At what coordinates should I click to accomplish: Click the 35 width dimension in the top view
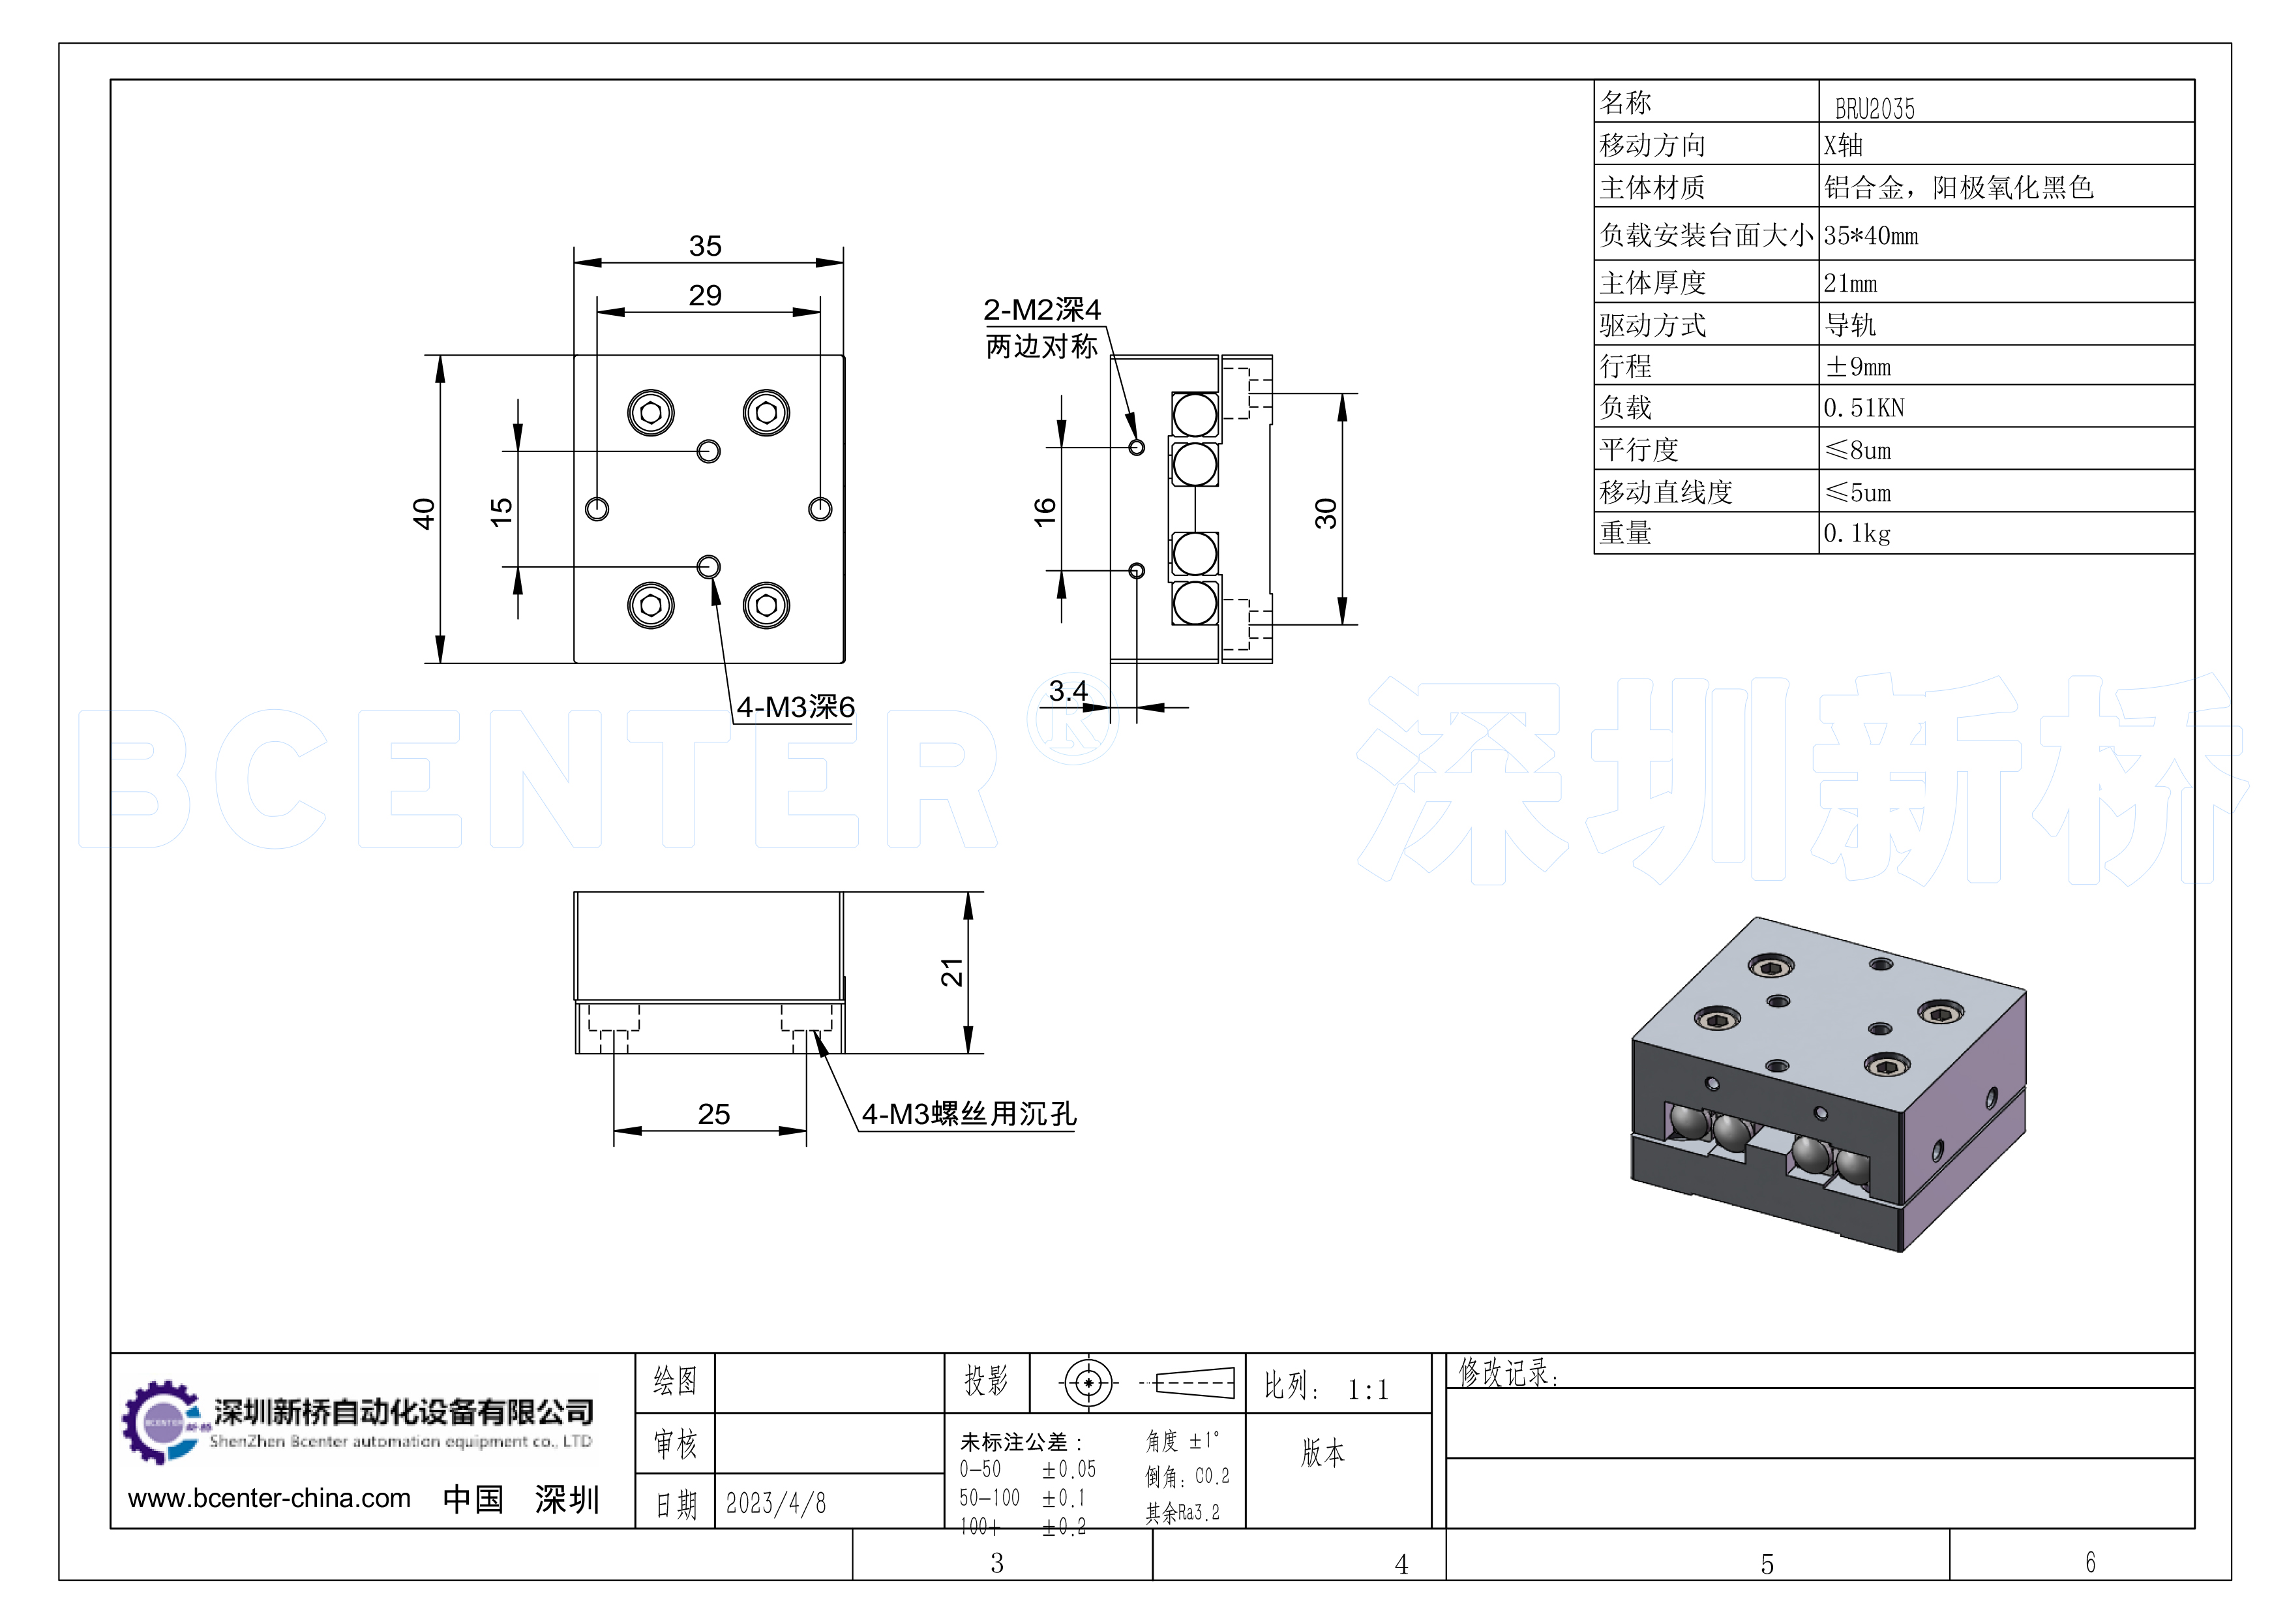point(705,246)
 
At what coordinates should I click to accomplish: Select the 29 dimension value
point(705,296)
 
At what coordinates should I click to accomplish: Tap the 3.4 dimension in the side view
point(1068,690)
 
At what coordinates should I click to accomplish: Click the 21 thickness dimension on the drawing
point(952,971)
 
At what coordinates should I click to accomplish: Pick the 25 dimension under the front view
point(713,1114)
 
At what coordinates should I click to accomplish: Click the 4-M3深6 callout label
point(795,707)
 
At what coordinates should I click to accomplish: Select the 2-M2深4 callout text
point(1042,310)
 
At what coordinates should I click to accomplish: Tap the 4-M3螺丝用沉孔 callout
point(969,1114)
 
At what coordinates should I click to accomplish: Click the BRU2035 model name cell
point(1874,108)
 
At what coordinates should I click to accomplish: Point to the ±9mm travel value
point(1858,367)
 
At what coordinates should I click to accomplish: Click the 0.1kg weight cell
point(1856,534)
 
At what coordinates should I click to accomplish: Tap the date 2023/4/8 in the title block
point(776,1503)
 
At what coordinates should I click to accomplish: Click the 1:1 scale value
point(1368,1390)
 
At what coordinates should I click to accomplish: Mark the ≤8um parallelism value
point(1858,450)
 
